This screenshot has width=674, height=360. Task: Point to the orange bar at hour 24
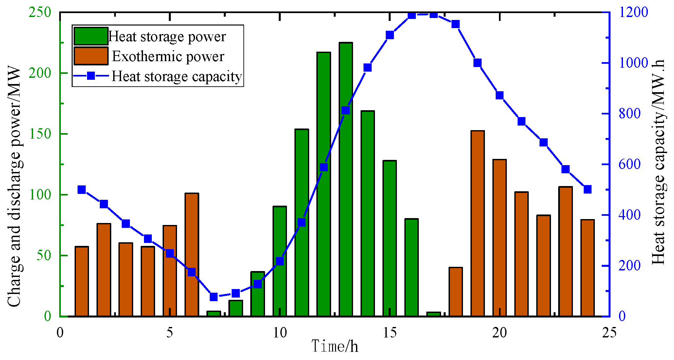tap(587, 268)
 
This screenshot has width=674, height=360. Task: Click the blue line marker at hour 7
tap(214, 297)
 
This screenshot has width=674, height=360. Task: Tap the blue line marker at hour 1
tap(82, 190)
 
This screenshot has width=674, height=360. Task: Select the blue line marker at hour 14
tap(367, 68)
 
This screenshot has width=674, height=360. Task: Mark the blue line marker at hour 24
tap(587, 190)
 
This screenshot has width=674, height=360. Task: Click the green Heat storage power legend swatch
tap(91, 36)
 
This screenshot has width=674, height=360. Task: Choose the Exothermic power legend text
tap(168, 56)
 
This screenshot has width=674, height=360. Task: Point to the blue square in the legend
tap(91, 76)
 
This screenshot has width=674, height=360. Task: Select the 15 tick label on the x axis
tap(389, 333)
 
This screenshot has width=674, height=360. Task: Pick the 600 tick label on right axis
tap(629, 164)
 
